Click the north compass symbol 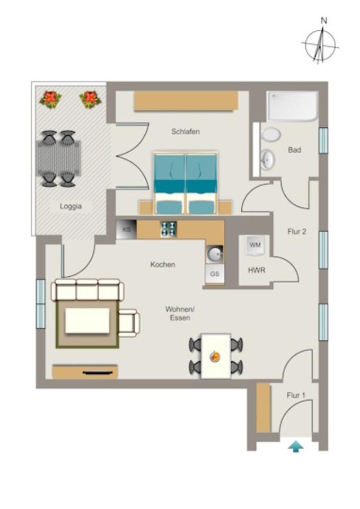click(320, 45)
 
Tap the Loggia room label click(71, 206)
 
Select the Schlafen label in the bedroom click(185, 131)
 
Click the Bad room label click(294, 150)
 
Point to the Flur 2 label click(297, 231)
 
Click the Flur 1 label click(296, 395)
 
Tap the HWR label click(257, 270)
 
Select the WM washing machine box click(255, 245)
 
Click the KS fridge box click(126, 230)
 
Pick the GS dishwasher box click(214, 274)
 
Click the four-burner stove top click(169, 229)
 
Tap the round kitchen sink click(215, 254)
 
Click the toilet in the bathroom click(271, 134)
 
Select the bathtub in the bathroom click(293, 106)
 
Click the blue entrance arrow click(296, 447)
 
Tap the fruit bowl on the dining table click(215, 356)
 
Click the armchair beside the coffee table click(129, 323)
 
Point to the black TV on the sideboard click(99, 373)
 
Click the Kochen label click(163, 264)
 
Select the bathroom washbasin click(267, 158)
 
